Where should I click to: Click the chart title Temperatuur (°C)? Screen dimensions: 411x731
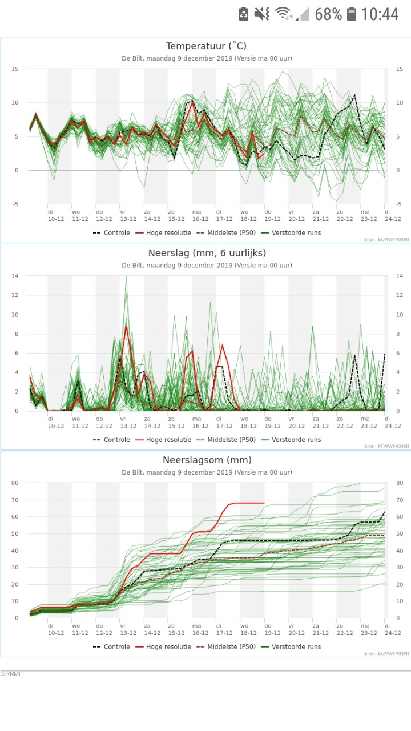(206, 46)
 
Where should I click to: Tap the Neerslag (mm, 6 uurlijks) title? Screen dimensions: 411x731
(207, 253)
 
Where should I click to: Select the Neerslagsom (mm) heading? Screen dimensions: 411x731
(207, 460)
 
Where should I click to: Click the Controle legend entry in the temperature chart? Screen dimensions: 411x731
(111, 232)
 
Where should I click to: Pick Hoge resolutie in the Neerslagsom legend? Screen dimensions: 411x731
(163, 646)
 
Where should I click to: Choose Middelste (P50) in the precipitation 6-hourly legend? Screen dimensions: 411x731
(227, 440)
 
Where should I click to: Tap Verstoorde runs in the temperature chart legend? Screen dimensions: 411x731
(291, 232)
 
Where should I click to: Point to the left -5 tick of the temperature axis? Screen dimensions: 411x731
(15, 204)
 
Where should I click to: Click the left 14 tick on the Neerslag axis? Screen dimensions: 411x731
(15, 276)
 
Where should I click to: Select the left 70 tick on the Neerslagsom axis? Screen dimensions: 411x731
(15, 500)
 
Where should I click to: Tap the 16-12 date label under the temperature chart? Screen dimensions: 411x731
(200, 219)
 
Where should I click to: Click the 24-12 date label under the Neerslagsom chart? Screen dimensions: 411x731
(393, 633)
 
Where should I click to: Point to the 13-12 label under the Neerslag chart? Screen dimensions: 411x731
(128, 426)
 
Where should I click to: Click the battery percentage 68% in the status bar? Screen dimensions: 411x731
(328, 14)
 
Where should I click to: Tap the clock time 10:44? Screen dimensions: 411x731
(380, 14)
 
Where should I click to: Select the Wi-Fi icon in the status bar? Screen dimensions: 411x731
(283, 14)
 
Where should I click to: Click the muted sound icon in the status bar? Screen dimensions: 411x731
(261, 14)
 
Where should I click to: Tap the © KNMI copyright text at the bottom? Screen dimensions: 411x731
(10, 674)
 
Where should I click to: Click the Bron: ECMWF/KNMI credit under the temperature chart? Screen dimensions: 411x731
(386, 239)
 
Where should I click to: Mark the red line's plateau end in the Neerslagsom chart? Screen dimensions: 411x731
(264, 503)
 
